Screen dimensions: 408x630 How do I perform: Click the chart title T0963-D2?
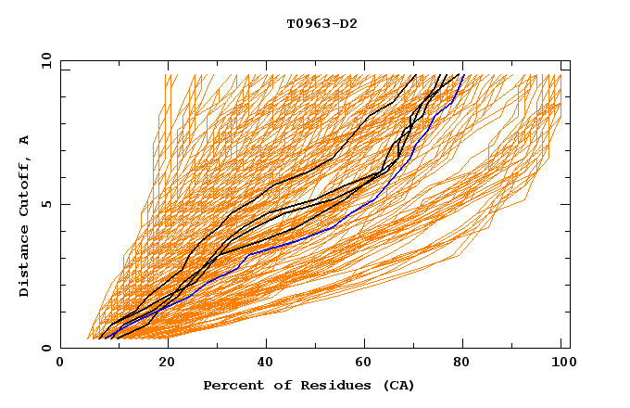coord(321,23)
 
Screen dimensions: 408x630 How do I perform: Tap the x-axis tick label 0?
coord(60,363)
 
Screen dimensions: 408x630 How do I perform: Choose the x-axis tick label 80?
coord(460,363)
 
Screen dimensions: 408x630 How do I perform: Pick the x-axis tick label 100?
coord(561,363)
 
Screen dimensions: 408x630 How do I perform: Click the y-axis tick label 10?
coord(44,60)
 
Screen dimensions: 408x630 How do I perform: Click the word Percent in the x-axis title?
coord(230,385)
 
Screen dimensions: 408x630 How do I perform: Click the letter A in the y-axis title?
coord(25,140)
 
